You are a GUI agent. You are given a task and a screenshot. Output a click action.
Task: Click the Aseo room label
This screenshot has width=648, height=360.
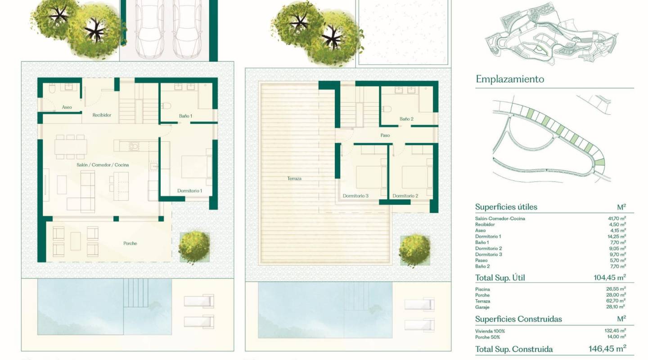pyautogui.click(x=67, y=108)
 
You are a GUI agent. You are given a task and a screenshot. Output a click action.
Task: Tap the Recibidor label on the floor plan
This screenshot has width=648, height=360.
pyautogui.click(x=102, y=115)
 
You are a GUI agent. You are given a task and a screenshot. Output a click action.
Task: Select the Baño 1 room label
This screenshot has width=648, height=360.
pyautogui.click(x=185, y=116)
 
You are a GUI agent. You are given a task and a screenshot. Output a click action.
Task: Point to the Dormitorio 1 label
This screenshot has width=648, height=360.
pyautogui.click(x=189, y=191)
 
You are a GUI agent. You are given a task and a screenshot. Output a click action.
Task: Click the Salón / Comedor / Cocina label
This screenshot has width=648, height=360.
pyautogui.click(x=103, y=165)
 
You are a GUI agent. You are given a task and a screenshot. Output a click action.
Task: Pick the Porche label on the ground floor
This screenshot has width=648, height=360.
pyautogui.click(x=130, y=243)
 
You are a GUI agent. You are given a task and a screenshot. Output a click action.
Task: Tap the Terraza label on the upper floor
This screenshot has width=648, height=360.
pyautogui.click(x=294, y=179)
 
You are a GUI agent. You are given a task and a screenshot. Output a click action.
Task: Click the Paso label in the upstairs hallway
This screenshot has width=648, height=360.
pyautogui.click(x=385, y=135)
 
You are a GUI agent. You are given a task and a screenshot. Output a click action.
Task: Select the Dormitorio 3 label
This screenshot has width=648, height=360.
pyautogui.click(x=355, y=196)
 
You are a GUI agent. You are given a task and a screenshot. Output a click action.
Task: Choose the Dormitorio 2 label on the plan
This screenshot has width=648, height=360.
pyautogui.click(x=405, y=196)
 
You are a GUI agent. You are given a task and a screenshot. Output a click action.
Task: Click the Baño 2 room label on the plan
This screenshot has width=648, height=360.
pyautogui.click(x=406, y=119)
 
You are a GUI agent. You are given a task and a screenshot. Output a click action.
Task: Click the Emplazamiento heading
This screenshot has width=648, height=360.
pyautogui.click(x=509, y=79)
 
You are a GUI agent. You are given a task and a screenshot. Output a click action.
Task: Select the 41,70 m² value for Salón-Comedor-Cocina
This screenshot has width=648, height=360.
pyautogui.click(x=616, y=219)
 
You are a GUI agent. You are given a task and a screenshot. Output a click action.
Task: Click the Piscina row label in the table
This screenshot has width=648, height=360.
pyautogui.click(x=482, y=289)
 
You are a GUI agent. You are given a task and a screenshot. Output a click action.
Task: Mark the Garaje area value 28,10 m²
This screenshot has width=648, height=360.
pyautogui.click(x=616, y=307)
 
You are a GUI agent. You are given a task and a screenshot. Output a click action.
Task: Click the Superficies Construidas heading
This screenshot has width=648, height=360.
pyautogui.click(x=518, y=319)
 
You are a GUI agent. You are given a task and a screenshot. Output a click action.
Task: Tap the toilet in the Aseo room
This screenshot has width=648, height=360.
pyautogui.click(x=52, y=89)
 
